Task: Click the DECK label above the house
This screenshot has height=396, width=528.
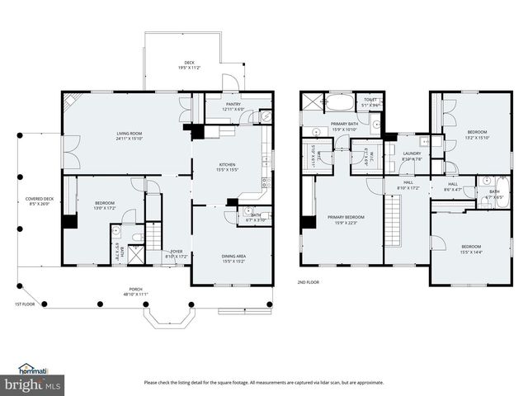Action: coord(189,63)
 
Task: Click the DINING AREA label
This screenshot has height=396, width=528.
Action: coord(233,256)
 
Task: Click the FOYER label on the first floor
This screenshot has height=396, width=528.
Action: coord(177,251)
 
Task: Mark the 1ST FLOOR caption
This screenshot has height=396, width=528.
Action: coord(25,304)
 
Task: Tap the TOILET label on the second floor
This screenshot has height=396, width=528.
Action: coord(370,100)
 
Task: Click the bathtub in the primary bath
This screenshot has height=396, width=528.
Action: coord(339,104)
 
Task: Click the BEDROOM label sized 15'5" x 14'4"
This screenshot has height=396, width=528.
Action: coord(471,247)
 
